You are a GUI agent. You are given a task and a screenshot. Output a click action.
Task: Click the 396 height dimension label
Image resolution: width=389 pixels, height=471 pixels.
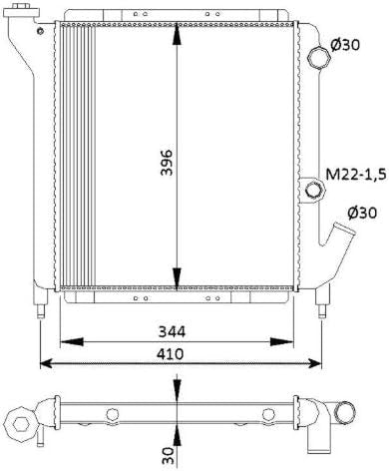pos(167,162)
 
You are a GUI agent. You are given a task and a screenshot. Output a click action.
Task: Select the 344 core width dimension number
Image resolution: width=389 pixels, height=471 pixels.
pos(172,331)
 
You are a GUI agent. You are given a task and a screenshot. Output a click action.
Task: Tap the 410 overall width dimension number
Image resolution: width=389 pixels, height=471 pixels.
pos(170,353)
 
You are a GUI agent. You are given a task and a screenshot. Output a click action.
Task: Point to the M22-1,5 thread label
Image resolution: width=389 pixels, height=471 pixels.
pos(356,174)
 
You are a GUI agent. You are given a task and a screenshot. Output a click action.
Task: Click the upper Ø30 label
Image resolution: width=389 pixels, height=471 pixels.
pos(345,44)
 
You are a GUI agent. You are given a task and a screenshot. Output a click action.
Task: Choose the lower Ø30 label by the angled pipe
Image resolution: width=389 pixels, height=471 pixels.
pos(362,213)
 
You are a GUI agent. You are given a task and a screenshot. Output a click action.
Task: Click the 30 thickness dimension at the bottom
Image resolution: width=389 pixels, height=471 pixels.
pos(168,455)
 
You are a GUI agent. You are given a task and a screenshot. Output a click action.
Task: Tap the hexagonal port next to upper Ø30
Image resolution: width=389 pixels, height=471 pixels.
pos(319,58)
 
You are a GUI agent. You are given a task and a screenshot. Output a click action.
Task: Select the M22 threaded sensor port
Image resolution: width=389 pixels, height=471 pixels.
pos(314,191)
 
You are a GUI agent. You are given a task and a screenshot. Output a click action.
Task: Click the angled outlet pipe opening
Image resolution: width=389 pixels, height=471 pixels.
pos(344,230)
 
